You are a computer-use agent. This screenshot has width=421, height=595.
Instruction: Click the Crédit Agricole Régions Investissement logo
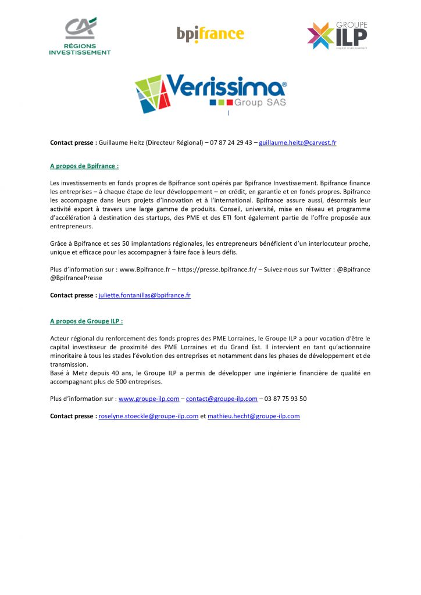[80, 36]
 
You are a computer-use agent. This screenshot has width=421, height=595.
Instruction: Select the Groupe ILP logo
[337, 35]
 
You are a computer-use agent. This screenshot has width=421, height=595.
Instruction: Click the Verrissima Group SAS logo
[211, 93]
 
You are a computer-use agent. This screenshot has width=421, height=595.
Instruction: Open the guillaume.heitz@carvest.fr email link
[297, 142]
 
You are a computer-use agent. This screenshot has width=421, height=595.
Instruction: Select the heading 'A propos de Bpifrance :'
[84, 166]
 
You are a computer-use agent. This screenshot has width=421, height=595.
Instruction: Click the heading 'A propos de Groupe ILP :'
[86, 321]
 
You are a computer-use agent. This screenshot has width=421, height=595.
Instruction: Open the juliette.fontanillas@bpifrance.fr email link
[144, 295]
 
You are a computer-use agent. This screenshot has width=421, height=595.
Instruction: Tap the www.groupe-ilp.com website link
[148, 399]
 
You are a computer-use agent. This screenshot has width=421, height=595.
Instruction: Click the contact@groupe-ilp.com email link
[222, 399]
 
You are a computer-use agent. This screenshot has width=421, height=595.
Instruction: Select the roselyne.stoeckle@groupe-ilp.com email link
[148, 416]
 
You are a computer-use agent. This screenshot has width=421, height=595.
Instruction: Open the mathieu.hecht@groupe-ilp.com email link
[254, 416]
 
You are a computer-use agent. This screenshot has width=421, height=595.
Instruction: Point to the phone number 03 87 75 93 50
[286, 399]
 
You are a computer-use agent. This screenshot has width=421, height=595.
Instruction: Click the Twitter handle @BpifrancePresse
[76, 278]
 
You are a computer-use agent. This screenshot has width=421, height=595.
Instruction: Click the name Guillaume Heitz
[119, 142]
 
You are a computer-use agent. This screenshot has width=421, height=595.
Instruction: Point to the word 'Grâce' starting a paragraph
[59, 243]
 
